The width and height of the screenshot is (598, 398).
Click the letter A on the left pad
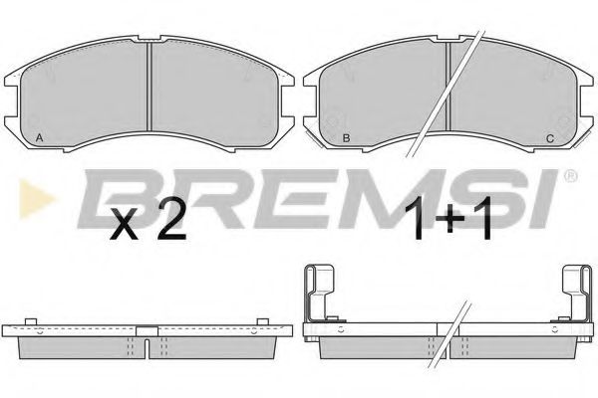[38, 137]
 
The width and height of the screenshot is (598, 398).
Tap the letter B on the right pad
[345, 137]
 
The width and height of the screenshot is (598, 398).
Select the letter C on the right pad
[549, 137]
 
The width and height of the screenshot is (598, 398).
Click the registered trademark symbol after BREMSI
[570, 176]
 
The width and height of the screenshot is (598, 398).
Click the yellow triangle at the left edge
[27, 191]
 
